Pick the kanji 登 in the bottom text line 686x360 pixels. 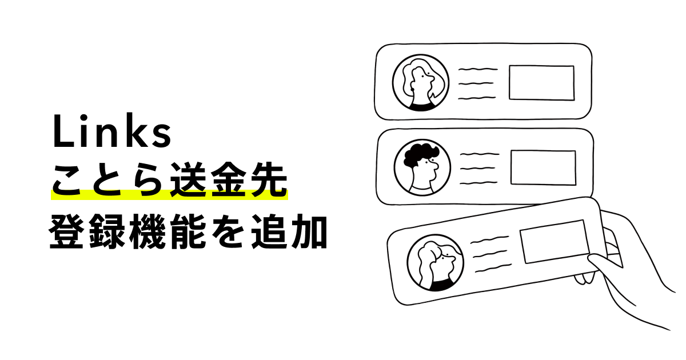click(67, 231)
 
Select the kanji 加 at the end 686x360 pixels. click(310, 231)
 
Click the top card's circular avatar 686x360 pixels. click(420, 83)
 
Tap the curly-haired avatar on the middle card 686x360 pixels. click(422, 167)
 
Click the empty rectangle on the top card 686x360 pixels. click(541, 83)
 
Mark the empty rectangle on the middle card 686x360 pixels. click(543, 167)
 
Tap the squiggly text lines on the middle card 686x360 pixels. click(479, 168)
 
